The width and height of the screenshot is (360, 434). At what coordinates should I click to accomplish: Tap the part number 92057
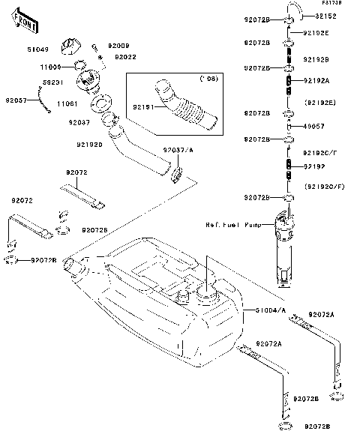coord(16,99)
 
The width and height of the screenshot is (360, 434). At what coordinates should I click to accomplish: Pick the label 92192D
coord(89,144)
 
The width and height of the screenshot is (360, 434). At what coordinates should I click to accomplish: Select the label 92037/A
coord(178,151)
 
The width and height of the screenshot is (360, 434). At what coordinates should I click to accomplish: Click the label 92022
coord(124,56)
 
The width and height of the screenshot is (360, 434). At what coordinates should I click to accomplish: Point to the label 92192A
coord(316,79)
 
